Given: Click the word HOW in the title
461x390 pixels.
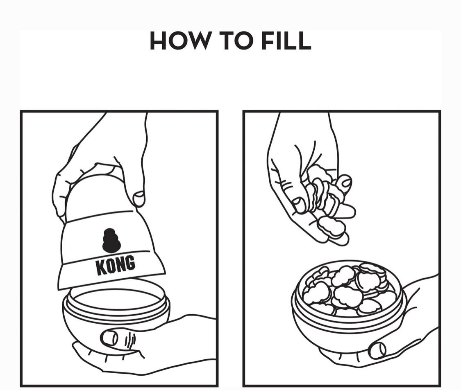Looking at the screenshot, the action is tap(179, 41).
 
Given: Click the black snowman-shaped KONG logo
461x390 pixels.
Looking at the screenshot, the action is tap(111, 241).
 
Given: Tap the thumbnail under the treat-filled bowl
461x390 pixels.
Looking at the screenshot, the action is tap(378, 350).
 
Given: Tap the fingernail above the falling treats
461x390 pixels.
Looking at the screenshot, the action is tap(345, 183).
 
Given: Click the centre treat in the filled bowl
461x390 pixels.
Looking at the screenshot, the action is tap(345, 295).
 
